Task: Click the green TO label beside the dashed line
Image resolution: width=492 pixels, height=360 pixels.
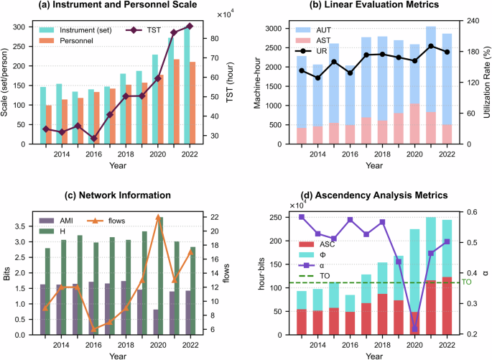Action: (x=465, y=282)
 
